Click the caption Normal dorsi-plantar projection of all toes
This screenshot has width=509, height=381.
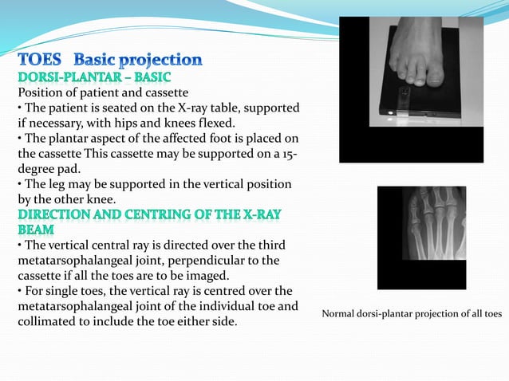tap(412, 314)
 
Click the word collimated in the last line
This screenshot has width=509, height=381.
tap(48, 321)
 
